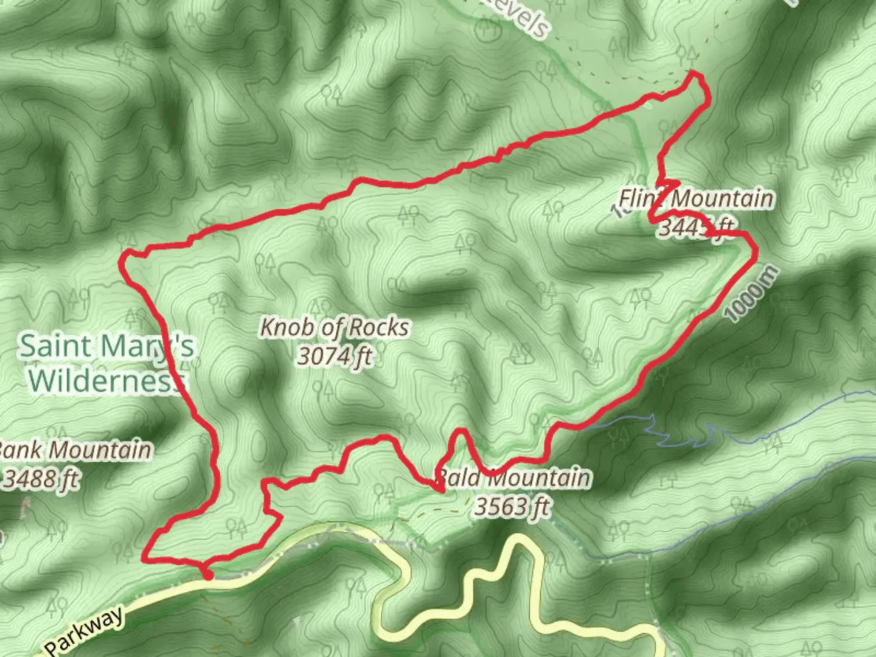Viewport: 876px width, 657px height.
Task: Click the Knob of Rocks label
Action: tap(335, 328)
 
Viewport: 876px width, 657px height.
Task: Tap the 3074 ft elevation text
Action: tap(334, 356)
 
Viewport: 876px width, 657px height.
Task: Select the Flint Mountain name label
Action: tap(697, 198)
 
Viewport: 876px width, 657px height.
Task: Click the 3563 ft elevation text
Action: tap(512, 506)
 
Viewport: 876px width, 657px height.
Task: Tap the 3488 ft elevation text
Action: tap(41, 479)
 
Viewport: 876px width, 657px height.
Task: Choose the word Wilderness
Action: tap(106, 380)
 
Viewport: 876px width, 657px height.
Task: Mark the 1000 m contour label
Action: tap(752, 294)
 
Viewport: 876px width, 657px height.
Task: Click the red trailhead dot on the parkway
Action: tap(207, 575)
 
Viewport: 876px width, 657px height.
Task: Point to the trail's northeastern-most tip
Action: tap(695, 74)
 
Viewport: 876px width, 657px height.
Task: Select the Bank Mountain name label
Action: tap(74, 451)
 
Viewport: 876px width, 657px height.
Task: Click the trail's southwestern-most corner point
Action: tap(145, 557)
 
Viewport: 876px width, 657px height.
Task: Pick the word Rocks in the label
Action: tap(379, 328)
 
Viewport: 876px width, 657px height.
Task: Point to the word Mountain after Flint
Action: tap(723, 198)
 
